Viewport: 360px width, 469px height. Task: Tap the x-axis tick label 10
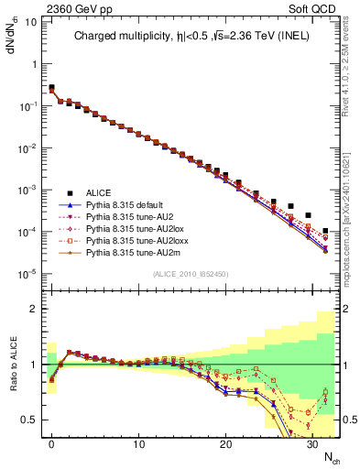click(x=138, y=443)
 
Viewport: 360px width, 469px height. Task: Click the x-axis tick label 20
click(x=225, y=443)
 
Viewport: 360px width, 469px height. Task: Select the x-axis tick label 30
click(x=312, y=443)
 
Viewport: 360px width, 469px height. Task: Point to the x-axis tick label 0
click(x=51, y=443)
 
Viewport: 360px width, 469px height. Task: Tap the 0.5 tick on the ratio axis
click(x=32, y=420)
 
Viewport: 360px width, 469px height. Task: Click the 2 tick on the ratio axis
click(x=37, y=309)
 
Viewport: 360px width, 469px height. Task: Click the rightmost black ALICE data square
click(x=326, y=231)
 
